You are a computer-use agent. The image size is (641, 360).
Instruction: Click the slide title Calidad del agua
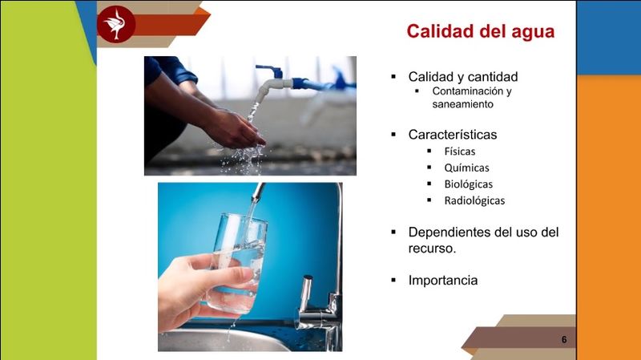coord(480,31)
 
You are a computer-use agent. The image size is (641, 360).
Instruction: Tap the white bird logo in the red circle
coord(115,24)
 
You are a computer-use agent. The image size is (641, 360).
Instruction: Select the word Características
coord(453,135)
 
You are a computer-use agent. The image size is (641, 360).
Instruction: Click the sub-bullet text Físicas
coord(460,152)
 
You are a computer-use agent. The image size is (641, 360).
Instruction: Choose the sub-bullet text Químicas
coord(467,168)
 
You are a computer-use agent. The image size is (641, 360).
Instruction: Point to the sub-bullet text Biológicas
coord(469,184)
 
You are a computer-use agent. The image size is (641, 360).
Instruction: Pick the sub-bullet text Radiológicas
coord(474,200)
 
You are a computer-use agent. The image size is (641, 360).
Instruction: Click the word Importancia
coord(443,281)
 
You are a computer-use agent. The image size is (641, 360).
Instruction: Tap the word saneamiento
coord(463,104)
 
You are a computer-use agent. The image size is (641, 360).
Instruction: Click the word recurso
coord(432,249)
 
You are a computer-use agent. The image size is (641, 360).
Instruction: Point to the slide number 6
coord(564,339)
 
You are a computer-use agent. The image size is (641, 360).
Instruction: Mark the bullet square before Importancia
coord(393,281)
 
